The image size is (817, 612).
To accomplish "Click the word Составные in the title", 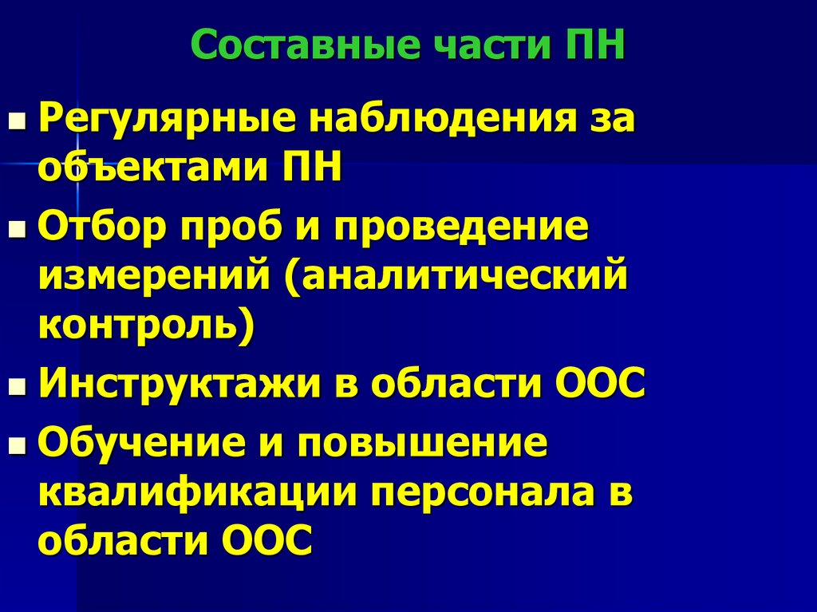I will tap(306, 45).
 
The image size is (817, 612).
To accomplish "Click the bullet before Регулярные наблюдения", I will tap(16, 124).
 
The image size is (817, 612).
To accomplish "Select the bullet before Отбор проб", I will tap(16, 231).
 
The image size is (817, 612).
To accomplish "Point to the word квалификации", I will tap(195, 493).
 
